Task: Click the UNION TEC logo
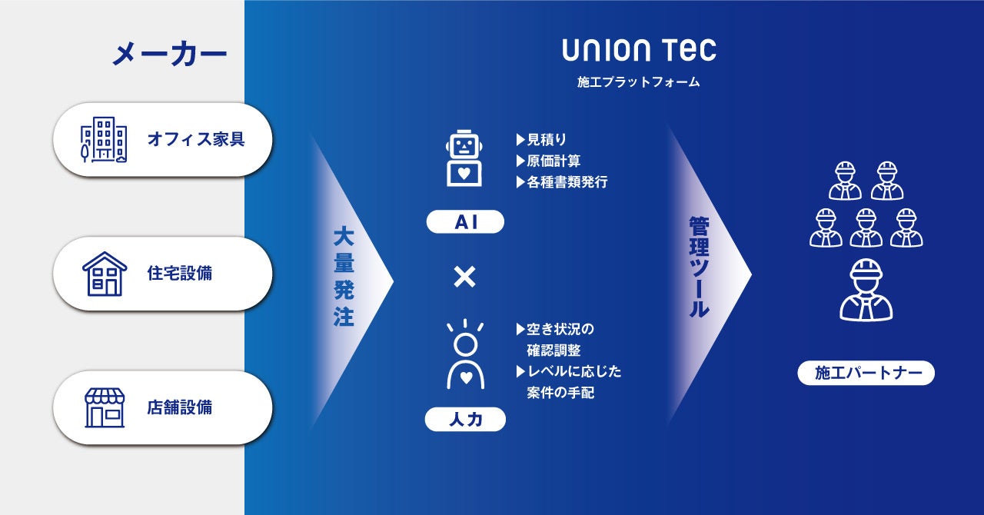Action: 639,51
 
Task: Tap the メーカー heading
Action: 169,55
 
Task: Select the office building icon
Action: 104,140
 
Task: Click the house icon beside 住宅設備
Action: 104,274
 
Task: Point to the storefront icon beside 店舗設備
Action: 104,407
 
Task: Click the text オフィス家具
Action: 196,140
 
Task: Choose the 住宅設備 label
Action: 180,274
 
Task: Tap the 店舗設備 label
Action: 180,407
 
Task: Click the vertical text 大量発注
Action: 344,276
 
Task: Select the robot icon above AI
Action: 464,159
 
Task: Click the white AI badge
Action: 465,222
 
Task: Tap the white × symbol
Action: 464,277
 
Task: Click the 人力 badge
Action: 465,420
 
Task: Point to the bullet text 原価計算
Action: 553,161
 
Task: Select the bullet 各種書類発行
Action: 567,183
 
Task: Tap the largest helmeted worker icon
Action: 866,290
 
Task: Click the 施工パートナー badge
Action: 866,374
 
